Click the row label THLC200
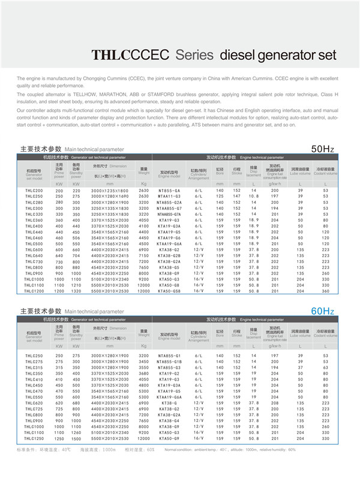(x=34, y=190)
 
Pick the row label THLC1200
(x=34, y=291)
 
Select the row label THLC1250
(x=34, y=439)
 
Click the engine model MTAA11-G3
(x=169, y=196)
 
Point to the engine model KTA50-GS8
(x=169, y=291)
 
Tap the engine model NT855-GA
(x=169, y=190)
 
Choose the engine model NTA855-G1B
(x=169, y=362)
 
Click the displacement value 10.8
(x=254, y=196)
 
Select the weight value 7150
(x=143, y=255)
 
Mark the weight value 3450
(x=143, y=362)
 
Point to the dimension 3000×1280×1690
(x=110, y=196)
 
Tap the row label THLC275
(x=34, y=362)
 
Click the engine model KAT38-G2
(x=169, y=409)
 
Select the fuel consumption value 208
(x=275, y=403)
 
